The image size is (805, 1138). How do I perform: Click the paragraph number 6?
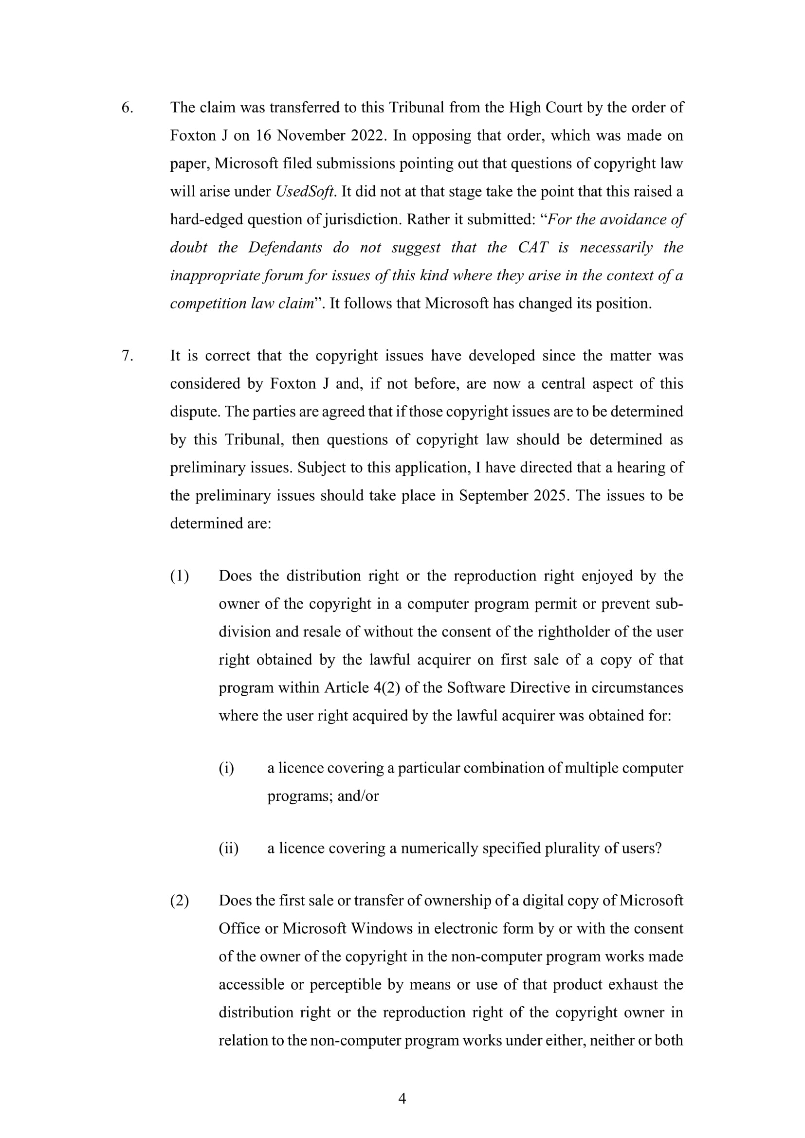(x=127, y=108)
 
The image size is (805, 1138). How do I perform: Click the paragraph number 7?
(x=127, y=356)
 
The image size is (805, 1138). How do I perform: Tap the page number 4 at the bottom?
(x=402, y=1099)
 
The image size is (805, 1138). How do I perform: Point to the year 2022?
(x=368, y=136)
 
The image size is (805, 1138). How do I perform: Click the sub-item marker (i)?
(x=226, y=768)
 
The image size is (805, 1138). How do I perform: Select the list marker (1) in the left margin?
(x=180, y=576)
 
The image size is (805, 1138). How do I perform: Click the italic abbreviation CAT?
(x=533, y=247)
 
